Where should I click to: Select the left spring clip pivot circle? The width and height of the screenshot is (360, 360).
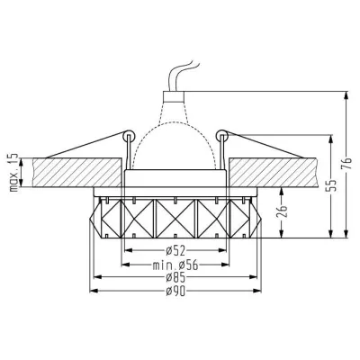(130, 138)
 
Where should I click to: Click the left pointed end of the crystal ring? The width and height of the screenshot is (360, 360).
(92, 216)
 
